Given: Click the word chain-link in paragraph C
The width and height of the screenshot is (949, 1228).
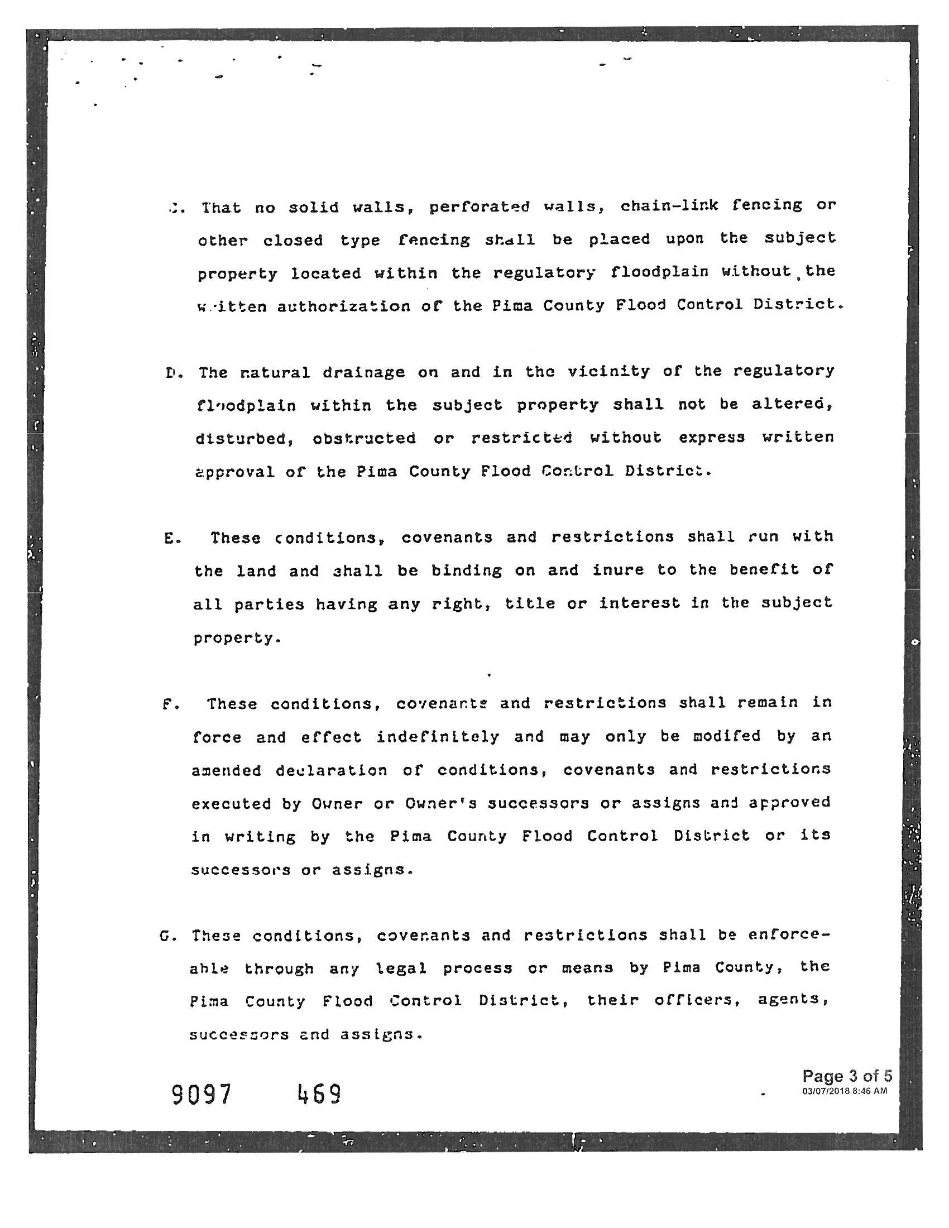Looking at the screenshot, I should (x=669, y=205).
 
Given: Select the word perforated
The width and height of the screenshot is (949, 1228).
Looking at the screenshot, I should (x=479, y=207).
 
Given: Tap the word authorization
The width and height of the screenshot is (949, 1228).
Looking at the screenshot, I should (x=343, y=306).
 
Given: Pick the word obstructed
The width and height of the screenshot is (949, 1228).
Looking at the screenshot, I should (x=365, y=438).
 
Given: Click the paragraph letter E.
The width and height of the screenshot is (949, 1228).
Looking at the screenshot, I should (x=170, y=538).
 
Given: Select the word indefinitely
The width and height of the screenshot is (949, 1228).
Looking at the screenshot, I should (x=438, y=737).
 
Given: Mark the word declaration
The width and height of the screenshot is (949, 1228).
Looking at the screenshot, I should (x=331, y=770).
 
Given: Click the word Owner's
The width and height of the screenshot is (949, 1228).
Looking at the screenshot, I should (x=440, y=803).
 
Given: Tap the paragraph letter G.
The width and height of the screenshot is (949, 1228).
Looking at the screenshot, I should (x=165, y=937).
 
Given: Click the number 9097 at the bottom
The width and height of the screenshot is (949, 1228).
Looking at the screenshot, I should (x=202, y=1093).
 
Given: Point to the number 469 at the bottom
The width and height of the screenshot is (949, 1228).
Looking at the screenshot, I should (x=319, y=1093).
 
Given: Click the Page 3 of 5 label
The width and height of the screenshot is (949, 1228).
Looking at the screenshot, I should (x=847, y=1076).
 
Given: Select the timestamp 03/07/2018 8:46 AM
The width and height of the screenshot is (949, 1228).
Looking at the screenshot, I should (x=845, y=1091).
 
